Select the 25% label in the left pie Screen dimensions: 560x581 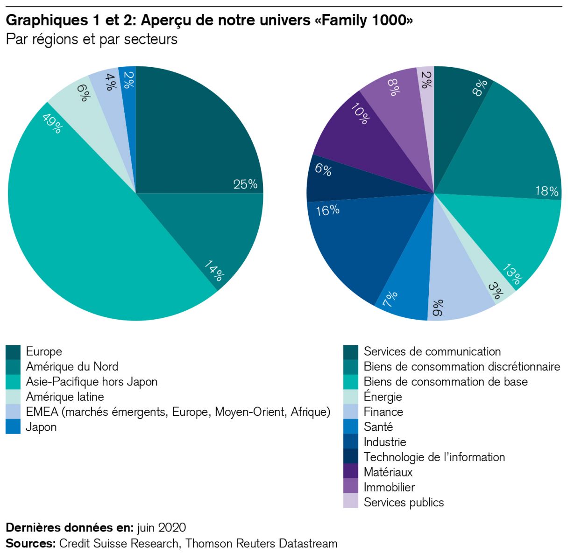[x=245, y=184]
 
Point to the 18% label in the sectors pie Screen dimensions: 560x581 [x=546, y=191]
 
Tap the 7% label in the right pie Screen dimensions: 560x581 [x=390, y=299]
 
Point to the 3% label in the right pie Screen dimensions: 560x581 [x=495, y=290]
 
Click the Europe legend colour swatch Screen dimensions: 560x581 [x=13, y=352]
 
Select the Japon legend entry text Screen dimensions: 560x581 [x=41, y=427]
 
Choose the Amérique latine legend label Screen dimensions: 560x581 [x=65, y=397]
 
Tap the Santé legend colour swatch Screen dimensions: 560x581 [x=351, y=427]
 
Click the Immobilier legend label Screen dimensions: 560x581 [x=389, y=488]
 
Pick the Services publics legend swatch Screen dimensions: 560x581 [x=351, y=503]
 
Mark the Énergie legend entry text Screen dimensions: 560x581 [x=383, y=397]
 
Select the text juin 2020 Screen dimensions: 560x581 [x=162, y=528]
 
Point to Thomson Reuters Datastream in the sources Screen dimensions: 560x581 [x=261, y=544]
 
